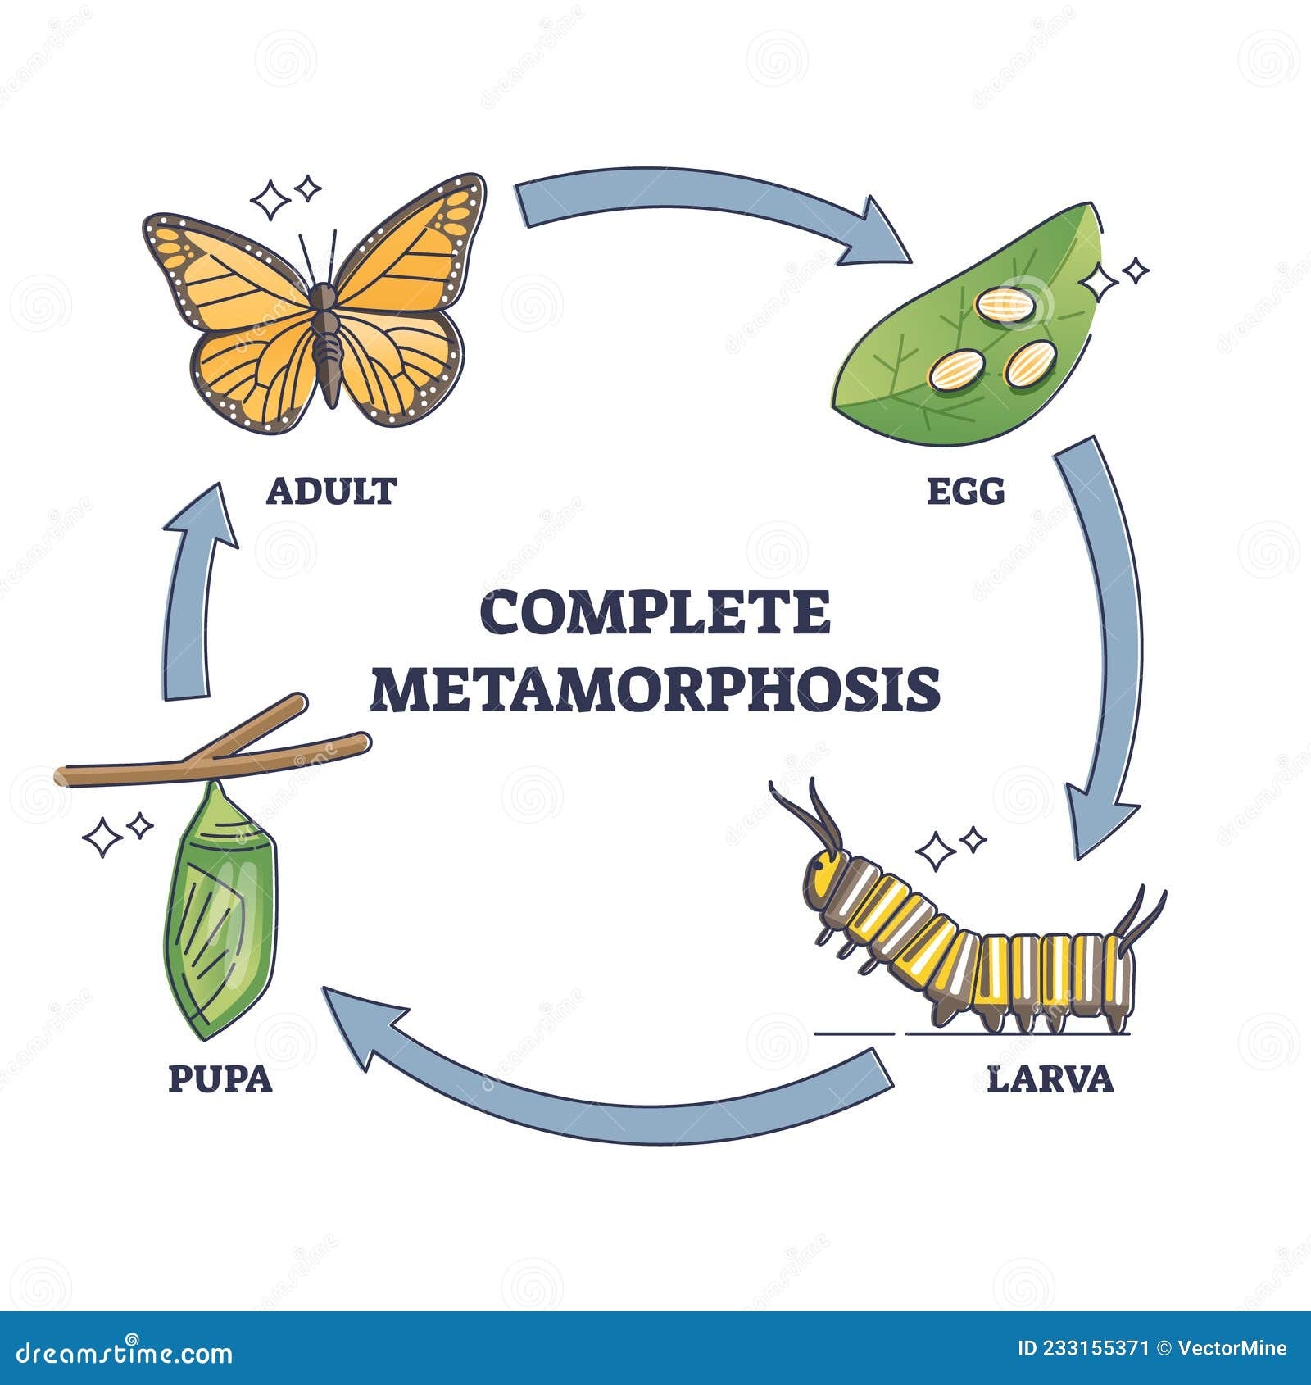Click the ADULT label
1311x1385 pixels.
pyautogui.click(x=331, y=491)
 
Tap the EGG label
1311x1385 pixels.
pyautogui.click(x=965, y=491)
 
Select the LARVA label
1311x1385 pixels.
pyautogui.click(x=1051, y=1079)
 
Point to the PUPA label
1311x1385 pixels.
pyautogui.click(x=220, y=1079)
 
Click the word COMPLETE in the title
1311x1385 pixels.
pyautogui.click(x=655, y=613)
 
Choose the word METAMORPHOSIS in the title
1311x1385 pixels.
pyautogui.click(x=656, y=689)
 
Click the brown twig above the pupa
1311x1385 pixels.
pyautogui.click(x=213, y=758)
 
